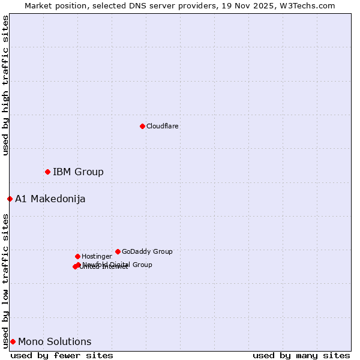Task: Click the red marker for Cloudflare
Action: pyautogui.click(x=142, y=126)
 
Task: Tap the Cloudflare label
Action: pyautogui.click(x=163, y=127)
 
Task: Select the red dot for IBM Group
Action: pyautogui.click(x=47, y=172)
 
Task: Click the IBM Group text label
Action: pyautogui.click(x=78, y=172)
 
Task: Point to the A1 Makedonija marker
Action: pyautogui.click(x=10, y=199)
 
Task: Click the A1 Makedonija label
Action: pyautogui.click(x=50, y=199)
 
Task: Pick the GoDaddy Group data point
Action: pyautogui.click(x=118, y=251)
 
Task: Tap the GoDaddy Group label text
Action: pyautogui.click(x=147, y=252)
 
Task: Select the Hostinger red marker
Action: pyautogui.click(x=77, y=256)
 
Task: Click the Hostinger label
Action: pyautogui.click(x=97, y=257)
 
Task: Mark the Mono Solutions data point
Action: pyautogui.click(x=13, y=341)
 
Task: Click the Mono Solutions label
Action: pyautogui.click(x=55, y=342)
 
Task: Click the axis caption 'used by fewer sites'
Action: pyautogui.click(x=62, y=355)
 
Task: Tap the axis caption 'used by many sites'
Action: pyautogui.click(x=301, y=355)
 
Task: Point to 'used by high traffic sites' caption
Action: pyautogui.click(x=5, y=85)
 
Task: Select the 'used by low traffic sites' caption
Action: pyautogui.click(x=5, y=281)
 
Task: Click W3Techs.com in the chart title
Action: pyautogui.click(x=310, y=6)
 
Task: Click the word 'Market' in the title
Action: pyautogui.click(x=38, y=6)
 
